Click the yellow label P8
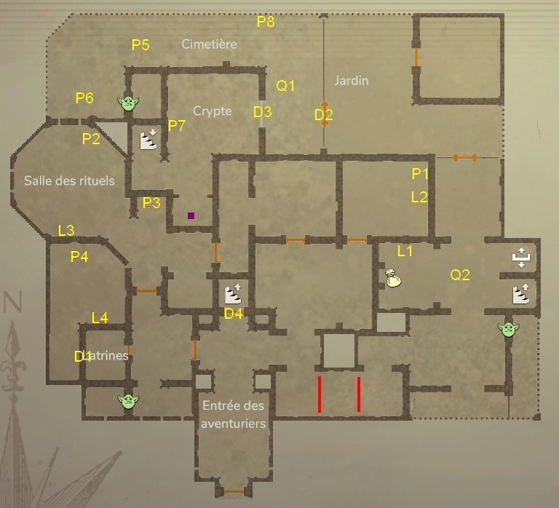[266, 22]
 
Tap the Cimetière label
[209, 44]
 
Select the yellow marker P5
[140, 45]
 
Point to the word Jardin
[352, 81]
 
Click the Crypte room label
[212, 111]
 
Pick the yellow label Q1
[286, 86]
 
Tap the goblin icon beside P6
[128, 103]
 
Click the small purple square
[191, 215]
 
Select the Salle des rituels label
[69, 180]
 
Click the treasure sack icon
[393, 278]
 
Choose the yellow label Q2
[460, 275]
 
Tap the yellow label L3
[66, 231]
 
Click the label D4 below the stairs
[233, 314]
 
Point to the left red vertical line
[319, 394]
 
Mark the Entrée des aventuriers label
[233, 415]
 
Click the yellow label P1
[420, 173]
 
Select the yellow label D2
[324, 114]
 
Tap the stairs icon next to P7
[148, 138]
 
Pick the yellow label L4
[100, 317]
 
